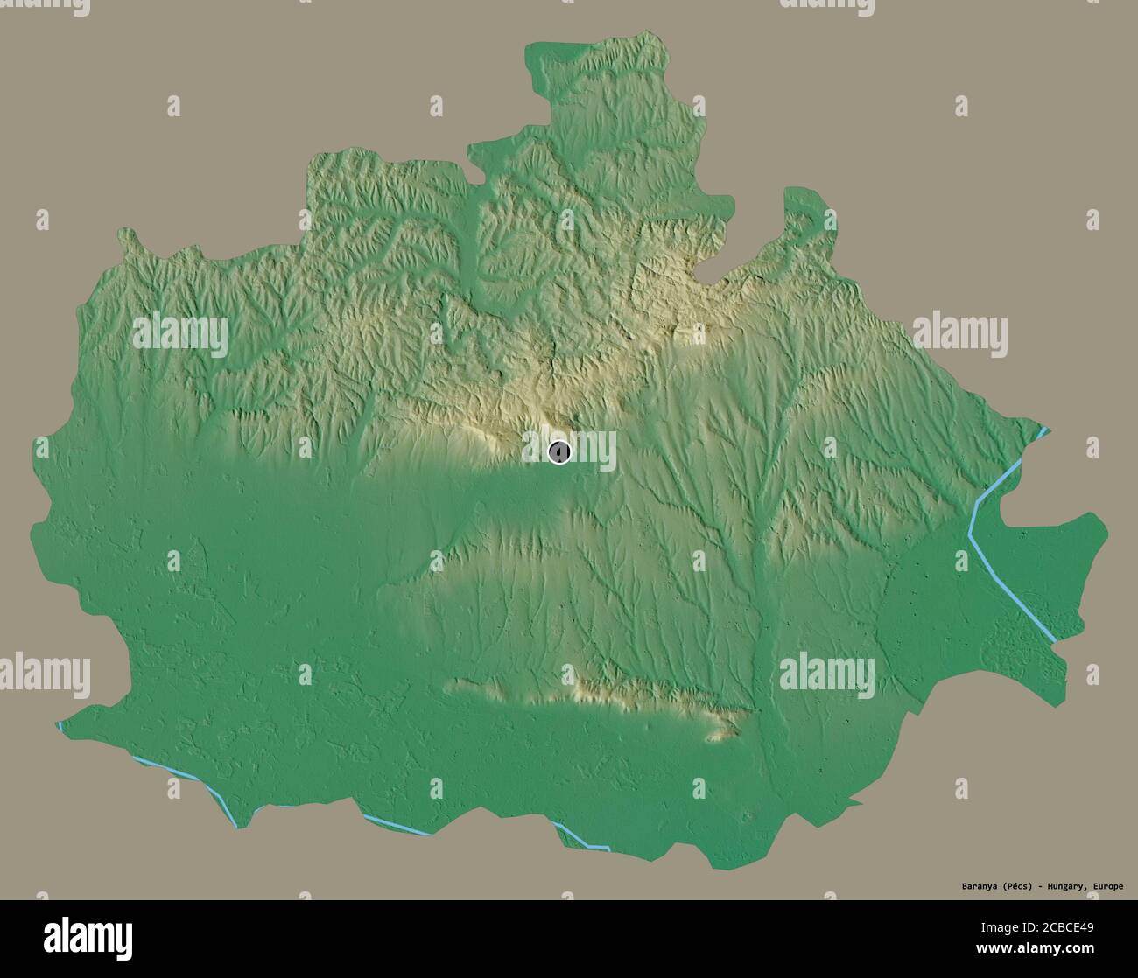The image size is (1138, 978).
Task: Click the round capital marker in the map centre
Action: pos(559,451)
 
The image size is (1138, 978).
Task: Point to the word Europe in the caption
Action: pos(1106,886)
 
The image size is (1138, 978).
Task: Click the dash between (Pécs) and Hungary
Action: pos(1038,886)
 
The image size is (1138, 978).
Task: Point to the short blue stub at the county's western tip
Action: pos(60,726)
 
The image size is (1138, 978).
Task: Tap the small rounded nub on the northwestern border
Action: pos(130,236)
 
